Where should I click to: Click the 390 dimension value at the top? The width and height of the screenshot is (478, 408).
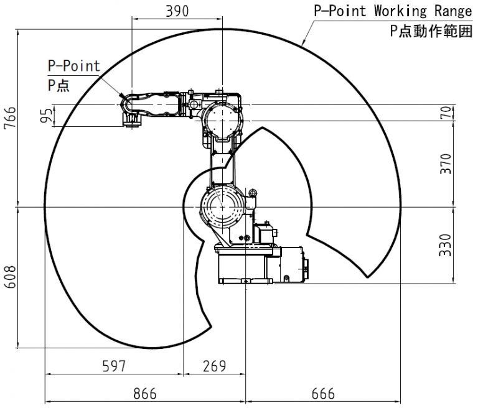tap(177, 11)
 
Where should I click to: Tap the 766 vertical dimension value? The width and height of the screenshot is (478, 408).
tap(10, 118)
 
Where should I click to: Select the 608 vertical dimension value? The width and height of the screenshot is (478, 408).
tap(10, 277)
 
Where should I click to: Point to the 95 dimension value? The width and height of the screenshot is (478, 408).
tap(46, 116)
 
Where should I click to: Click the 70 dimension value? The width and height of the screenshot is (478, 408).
tap(446, 113)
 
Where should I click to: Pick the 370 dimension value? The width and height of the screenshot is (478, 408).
tap(446, 164)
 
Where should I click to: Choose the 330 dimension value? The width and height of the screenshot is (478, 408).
tap(445, 245)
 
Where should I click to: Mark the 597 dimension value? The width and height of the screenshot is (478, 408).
tap(114, 366)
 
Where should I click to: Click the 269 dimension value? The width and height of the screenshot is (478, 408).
tap(215, 366)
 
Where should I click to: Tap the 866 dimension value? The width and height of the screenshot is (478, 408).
tap(145, 394)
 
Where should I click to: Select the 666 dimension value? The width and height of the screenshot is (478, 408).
tap(323, 394)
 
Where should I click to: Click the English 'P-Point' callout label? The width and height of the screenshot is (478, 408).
tap(74, 66)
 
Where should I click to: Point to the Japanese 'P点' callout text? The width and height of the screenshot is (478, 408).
tap(59, 85)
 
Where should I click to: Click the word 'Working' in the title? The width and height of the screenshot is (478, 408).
tap(400, 11)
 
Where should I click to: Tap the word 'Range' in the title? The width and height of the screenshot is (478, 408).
tap(453, 11)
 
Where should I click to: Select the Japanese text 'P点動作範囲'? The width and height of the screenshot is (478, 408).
tap(431, 31)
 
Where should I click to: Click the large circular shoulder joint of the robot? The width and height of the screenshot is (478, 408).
tap(222, 207)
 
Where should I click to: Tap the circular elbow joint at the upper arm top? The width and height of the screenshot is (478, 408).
tap(222, 121)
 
